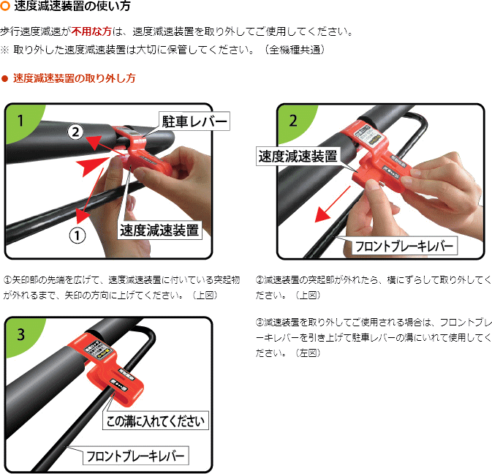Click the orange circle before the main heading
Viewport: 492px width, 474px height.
coord(5,6)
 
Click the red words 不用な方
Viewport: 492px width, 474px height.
coord(91,31)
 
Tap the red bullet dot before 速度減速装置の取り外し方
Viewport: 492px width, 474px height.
coord(4,78)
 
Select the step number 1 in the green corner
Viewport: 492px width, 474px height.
coord(20,121)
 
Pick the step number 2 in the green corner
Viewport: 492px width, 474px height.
coord(292,121)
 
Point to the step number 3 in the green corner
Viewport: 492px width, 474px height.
coord(20,334)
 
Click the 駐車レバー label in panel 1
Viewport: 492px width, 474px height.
coord(194,121)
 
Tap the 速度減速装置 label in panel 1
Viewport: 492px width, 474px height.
coord(159,230)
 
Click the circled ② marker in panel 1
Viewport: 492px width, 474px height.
coord(75,132)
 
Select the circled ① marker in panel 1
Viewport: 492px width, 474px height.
coord(77,236)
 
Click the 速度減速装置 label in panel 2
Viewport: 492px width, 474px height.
coord(298,156)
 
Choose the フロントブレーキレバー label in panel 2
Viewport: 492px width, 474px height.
coord(404,246)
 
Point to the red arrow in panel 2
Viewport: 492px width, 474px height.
coord(333,204)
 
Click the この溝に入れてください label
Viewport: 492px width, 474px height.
coord(156,421)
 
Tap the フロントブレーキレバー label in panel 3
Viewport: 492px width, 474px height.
coord(135,456)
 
